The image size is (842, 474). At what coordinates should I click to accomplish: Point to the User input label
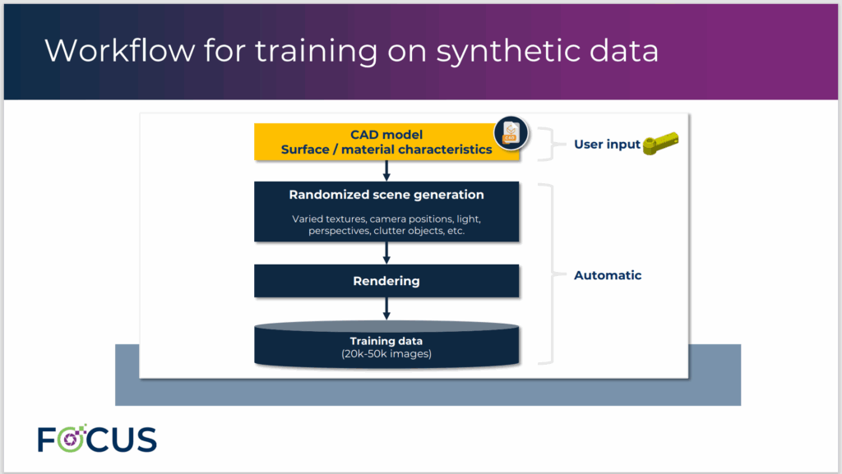(x=607, y=145)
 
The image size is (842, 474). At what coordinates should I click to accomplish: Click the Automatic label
(x=608, y=275)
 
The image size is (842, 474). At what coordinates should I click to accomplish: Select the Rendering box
(x=386, y=281)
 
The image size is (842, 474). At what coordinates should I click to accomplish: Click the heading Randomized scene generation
(x=386, y=195)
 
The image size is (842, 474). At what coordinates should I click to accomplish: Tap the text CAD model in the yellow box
(x=386, y=135)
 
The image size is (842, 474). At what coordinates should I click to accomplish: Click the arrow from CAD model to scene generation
(x=386, y=170)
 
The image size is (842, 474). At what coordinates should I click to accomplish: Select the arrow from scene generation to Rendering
(x=386, y=253)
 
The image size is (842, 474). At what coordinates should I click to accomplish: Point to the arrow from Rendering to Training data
(x=386, y=308)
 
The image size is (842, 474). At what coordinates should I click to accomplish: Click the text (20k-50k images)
(x=386, y=354)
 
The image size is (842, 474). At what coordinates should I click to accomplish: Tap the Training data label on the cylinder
(x=386, y=341)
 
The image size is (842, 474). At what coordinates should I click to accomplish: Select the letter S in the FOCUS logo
(x=144, y=439)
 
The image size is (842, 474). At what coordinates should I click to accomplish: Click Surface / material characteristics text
(x=386, y=150)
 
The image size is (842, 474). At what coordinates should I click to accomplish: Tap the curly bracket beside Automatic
(x=548, y=275)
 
